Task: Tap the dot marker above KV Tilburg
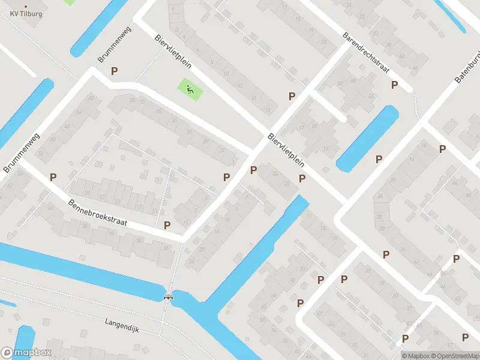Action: tap(25, 6)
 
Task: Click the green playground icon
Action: tap(190, 91)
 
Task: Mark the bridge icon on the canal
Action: tap(169, 296)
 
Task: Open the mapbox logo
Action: tap(26, 353)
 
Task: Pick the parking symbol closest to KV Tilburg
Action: tap(114, 71)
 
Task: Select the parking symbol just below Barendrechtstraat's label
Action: tap(394, 85)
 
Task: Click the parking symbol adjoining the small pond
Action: tap(379, 159)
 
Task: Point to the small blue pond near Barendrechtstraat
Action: tap(367, 138)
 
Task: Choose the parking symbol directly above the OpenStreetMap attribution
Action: tap(465, 336)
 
